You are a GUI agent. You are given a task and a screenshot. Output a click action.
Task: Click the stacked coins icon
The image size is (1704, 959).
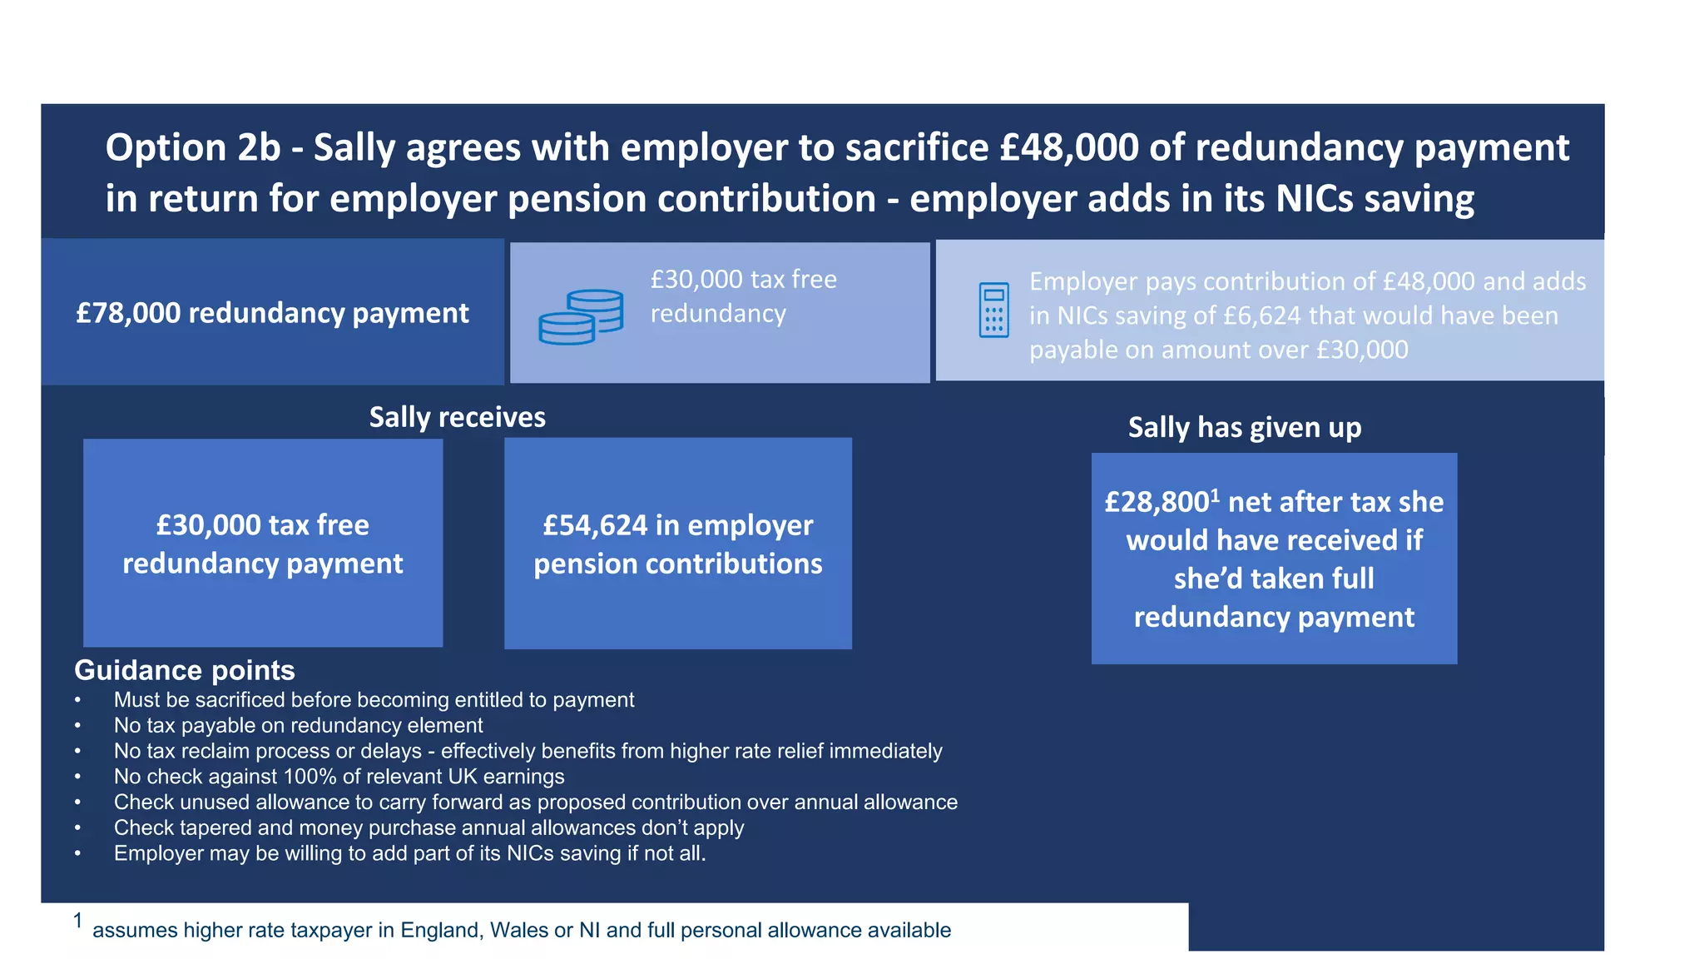click(580, 316)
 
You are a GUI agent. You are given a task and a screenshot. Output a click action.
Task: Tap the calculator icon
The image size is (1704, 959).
click(993, 310)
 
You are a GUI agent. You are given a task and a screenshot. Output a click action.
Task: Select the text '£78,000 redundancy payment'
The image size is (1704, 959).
click(272, 313)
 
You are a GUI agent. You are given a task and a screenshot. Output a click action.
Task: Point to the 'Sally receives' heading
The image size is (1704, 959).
click(457, 417)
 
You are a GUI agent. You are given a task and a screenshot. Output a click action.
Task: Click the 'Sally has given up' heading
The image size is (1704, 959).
click(1244, 427)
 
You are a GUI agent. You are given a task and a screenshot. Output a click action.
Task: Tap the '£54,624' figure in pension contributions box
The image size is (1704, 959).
click(594, 525)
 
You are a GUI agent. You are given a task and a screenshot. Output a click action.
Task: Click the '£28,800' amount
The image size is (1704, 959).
click(1157, 502)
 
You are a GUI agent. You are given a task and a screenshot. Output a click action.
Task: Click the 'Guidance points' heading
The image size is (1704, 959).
click(184, 670)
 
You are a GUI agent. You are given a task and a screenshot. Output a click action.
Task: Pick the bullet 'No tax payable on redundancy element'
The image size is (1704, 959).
click(298, 725)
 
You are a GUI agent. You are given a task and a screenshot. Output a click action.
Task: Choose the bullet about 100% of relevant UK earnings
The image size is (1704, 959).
click(339, 777)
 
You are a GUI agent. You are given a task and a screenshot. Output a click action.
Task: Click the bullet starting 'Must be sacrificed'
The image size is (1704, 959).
click(374, 700)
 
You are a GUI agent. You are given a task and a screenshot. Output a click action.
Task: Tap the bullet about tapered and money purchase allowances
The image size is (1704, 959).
click(428, 827)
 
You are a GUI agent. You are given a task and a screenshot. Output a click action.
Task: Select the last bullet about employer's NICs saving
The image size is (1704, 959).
click(409, 853)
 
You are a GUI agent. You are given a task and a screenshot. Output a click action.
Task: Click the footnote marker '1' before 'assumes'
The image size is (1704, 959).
click(77, 921)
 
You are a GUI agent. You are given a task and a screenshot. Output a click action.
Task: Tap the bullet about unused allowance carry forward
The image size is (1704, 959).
click(535, 802)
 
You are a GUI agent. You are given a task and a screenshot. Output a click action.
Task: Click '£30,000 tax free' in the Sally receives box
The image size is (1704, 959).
click(262, 525)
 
